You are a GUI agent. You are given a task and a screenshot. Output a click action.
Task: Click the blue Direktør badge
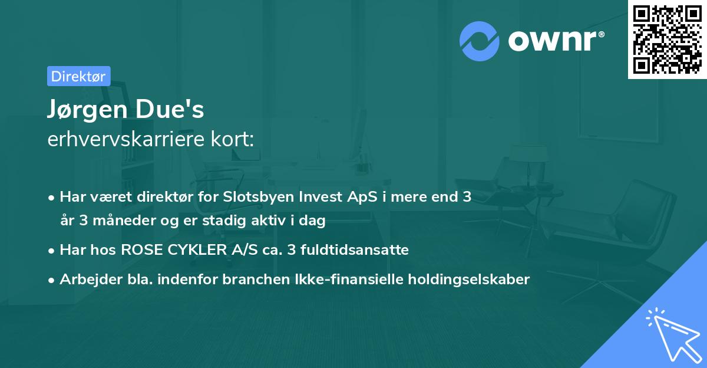pos(78,76)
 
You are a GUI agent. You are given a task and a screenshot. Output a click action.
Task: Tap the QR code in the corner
pos(668,39)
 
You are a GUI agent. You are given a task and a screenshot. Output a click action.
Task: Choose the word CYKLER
pos(188,250)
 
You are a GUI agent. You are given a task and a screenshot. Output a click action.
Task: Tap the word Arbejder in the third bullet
pos(85,279)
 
